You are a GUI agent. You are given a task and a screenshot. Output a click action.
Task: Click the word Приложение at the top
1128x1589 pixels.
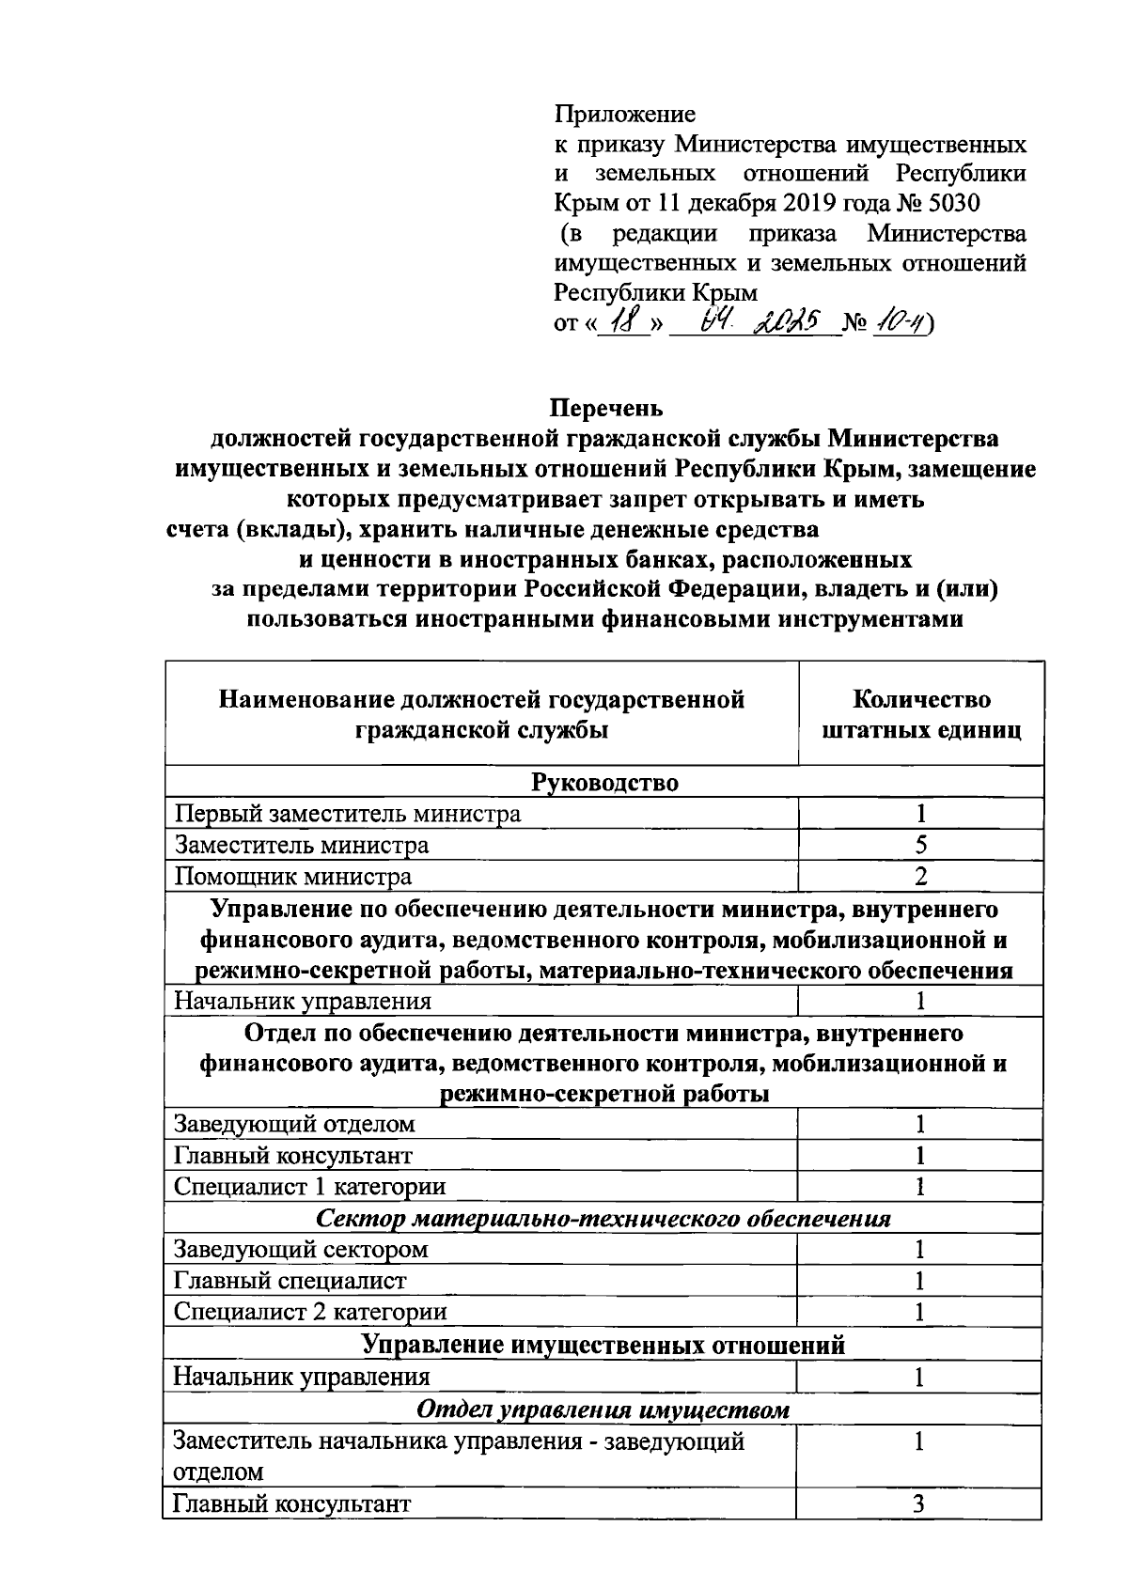coord(624,115)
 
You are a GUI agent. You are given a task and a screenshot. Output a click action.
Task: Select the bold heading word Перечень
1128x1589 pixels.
coord(606,408)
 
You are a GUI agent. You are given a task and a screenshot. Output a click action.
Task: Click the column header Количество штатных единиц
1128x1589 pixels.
coord(921,715)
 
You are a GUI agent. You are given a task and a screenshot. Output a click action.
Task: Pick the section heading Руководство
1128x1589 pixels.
coord(604,783)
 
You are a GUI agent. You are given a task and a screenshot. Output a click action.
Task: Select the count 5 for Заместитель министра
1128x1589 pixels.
coord(921,845)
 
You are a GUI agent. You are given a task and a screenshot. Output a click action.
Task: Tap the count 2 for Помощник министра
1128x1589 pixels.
coord(921,877)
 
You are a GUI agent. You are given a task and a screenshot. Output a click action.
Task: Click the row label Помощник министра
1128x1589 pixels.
coord(293,877)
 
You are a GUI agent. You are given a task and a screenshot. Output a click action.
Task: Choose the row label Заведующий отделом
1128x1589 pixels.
coord(294,1124)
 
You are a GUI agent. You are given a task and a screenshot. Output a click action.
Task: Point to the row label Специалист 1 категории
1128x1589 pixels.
coord(310,1186)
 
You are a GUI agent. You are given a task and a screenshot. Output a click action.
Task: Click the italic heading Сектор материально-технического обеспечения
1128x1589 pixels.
coord(603,1219)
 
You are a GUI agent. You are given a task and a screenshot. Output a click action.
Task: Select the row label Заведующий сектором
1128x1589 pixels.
coord(301,1249)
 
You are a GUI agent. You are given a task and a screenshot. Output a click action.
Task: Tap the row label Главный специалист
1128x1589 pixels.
coord(290,1280)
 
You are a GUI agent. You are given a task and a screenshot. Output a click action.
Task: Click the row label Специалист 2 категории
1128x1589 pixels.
coord(310,1311)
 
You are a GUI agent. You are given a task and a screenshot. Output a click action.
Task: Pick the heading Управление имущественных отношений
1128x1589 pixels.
coord(603,1345)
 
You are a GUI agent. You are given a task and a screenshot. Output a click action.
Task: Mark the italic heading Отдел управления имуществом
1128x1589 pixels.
coord(603,1410)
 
